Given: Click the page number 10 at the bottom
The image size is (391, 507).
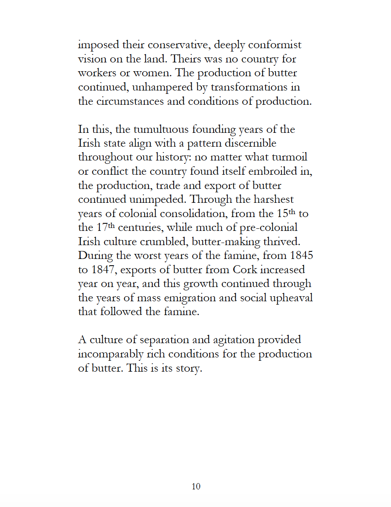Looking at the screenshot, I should point(196,486).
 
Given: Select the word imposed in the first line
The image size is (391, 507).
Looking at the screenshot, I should point(99,45).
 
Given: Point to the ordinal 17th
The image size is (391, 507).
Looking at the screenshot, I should point(103,228).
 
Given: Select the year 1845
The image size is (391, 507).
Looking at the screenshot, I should point(300,256).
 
